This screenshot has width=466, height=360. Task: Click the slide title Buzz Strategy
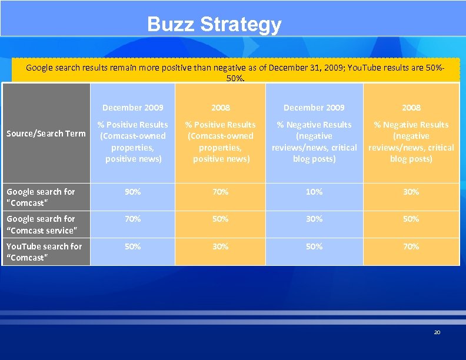214,25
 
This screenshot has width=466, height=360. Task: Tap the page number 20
437,332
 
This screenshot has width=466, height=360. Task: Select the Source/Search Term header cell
46,134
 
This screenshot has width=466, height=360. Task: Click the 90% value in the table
132,192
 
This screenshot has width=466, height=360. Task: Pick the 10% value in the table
314,192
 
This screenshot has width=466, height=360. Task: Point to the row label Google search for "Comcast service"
41,225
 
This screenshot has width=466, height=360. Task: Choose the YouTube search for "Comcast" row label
44,252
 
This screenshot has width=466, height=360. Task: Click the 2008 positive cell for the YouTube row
221,246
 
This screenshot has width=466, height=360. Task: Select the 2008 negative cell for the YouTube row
411,246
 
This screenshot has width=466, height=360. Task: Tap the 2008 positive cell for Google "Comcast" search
221,192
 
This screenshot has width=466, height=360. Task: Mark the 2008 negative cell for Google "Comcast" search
411,192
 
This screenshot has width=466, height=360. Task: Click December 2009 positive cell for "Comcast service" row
132,219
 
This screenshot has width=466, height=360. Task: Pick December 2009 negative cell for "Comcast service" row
314,219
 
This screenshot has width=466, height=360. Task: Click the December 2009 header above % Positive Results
132,108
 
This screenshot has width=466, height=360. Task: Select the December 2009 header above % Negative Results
314,108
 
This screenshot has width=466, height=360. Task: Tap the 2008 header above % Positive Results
221,108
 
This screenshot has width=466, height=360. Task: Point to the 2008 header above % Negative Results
411,108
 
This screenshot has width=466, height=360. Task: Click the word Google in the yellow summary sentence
40,68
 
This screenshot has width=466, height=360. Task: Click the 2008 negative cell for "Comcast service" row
411,219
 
